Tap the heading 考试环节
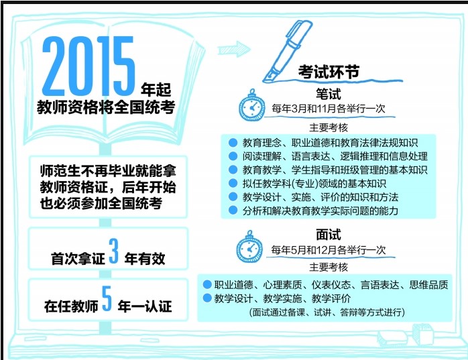coord(329,72)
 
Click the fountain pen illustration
coord(287,51)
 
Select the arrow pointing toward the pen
coord(234,49)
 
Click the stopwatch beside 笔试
coord(252,105)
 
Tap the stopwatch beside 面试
coord(249,247)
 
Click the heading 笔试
coord(329,95)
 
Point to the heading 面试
coord(329,235)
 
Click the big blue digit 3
coord(114,251)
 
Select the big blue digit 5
coord(107,298)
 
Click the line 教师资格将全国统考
coord(106,107)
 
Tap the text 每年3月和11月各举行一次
coord(329,109)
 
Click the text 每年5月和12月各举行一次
coord(329,250)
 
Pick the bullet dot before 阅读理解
coord(233,156)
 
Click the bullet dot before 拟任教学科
coord(233,183)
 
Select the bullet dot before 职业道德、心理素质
coord(207,284)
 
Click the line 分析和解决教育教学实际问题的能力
coord(320,211)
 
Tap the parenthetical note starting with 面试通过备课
coord(327,312)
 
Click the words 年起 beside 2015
coord(156,89)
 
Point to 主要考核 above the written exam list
coord(329,128)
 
